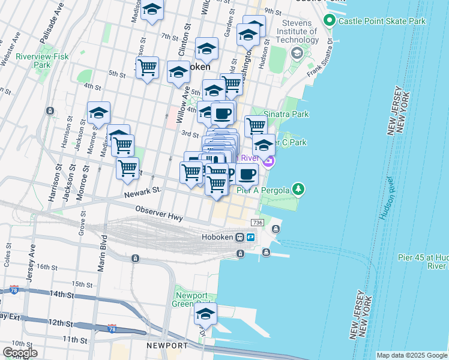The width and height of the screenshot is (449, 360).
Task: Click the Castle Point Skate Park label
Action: (x=382, y=21)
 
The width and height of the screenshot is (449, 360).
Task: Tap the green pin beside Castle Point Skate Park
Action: (x=328, y=21)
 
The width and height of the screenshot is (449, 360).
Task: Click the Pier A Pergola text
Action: (x=265, y=190)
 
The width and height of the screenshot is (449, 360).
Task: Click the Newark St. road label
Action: (x=143, y=193)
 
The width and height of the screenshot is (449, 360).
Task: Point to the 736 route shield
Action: (x=258, y=223)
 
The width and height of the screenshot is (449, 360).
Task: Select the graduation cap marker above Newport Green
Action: (x=206, y=313)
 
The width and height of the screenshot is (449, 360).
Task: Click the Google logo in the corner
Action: (x=20, y=353)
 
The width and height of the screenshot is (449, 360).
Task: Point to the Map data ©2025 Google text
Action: (x=412, y=355)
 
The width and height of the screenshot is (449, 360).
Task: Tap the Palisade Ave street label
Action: (x=50, y=25)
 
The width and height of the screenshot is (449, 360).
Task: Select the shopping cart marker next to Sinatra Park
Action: (x=256, y=126)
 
